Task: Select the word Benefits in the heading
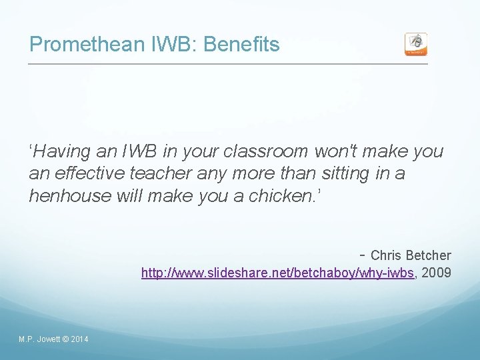241,45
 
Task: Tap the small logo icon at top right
416,44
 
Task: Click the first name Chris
386,255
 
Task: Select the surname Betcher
428,255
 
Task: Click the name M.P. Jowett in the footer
39,340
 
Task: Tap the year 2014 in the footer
79,340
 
